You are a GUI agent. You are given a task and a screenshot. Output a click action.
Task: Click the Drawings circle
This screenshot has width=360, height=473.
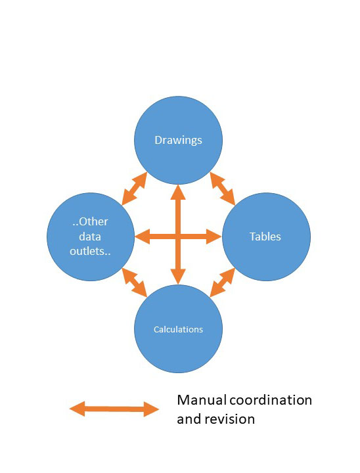(x=178, y=141)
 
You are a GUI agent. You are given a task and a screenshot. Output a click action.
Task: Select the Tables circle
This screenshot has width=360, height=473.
(x=266, y=236)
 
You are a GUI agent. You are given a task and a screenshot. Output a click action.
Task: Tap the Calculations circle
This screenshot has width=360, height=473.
(x=178, y=329)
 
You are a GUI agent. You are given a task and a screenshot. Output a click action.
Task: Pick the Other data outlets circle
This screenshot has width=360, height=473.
(x=91, y=236)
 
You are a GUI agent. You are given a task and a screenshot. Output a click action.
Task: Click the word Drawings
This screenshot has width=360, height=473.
(x=178, y=141)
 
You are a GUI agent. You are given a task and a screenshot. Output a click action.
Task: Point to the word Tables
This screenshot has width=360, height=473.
(x=265, y=236)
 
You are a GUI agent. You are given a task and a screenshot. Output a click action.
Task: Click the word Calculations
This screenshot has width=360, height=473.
(x=178, y=329)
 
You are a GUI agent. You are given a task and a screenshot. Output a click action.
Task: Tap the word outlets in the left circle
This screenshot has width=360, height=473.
(x=90, y=251)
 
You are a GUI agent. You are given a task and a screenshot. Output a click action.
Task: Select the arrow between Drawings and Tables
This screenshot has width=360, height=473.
(x=223, y=189)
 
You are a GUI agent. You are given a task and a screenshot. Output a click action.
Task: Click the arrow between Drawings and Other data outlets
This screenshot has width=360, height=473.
(x=134, y=189)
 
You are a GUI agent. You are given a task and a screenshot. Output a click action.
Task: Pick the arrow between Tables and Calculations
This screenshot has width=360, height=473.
(x=223, y=282)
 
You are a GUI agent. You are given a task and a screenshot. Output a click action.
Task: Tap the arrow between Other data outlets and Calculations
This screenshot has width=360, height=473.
(x=134, y=282)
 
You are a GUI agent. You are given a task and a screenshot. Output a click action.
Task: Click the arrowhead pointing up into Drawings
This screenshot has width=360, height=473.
(x=178, y=192)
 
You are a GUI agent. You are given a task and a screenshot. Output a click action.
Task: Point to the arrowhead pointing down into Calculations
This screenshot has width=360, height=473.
(x=178, y=277)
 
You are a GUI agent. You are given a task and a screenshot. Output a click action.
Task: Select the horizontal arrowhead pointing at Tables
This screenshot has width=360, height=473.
(x=214, y=236)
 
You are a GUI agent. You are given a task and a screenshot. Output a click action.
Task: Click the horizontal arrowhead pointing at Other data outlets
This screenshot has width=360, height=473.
(x=143, y=236)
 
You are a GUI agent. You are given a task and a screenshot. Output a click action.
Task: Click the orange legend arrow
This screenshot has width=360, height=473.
(x=114, y=409)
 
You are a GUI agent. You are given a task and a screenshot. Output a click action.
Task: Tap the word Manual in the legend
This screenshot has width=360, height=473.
(x=202, y=400)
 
